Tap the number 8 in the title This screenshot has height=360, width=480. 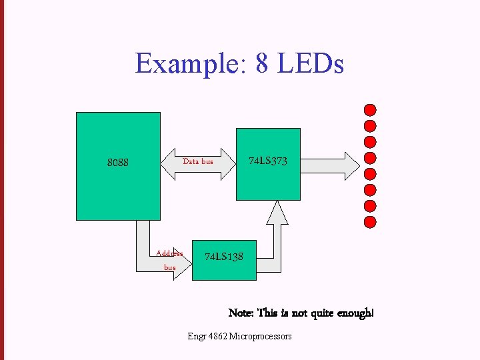click(265, 64)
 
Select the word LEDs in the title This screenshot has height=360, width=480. click(311, 64)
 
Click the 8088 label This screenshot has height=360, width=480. click(118, 162)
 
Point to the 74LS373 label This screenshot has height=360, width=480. click(268, 161)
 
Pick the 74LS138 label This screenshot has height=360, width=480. click(223, 257)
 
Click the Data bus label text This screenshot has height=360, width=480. click(198, 161)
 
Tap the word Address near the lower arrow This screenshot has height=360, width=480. click(169, 253)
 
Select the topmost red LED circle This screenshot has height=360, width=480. click(371, 110)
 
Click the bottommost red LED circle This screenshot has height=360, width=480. click(371, 222)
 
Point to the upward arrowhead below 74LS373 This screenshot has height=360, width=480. click(277, 211)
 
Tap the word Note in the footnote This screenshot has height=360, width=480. click(240, 313)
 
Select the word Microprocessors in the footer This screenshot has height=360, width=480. click(260, 337)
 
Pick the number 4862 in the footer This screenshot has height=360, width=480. click(216, 337)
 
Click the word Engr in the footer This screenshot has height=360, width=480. click(197, 337)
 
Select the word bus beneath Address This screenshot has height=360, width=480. click(170, 267)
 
